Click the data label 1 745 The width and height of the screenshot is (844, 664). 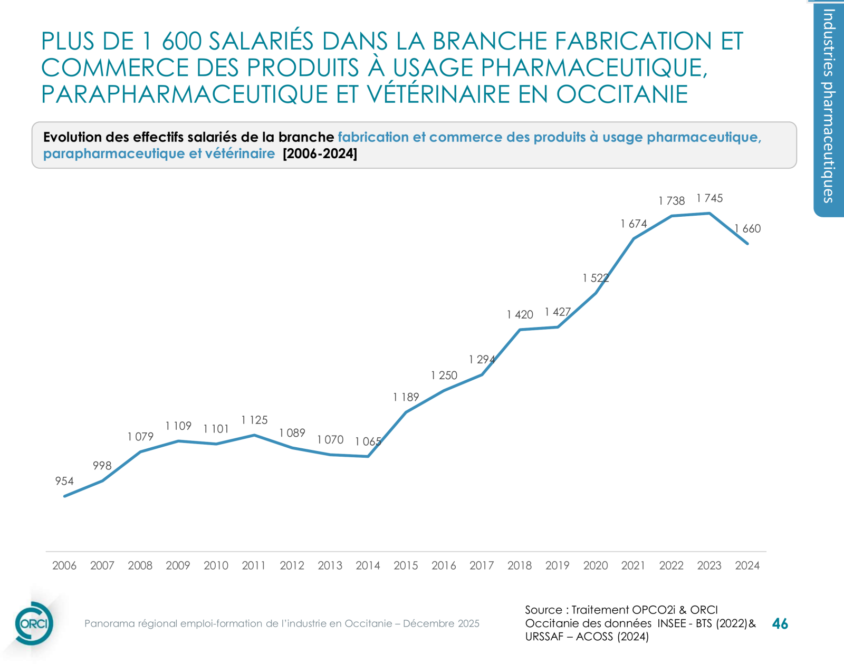(709, 198)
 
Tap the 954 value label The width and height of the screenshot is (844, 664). (64, 481)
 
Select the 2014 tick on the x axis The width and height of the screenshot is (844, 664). (368, 565)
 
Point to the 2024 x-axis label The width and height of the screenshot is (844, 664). (747, 565)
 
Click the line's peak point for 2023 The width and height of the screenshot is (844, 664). (709, 213)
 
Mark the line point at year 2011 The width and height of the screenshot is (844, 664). (254, 435)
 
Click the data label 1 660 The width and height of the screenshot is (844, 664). (748, 229)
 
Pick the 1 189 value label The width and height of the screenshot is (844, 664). (406, 397)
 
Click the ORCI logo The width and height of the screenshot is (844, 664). (34, 623)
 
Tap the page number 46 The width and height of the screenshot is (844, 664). (780, 624)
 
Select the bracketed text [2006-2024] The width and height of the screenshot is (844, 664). (320, 154)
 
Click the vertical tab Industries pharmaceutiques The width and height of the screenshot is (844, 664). (829, 105)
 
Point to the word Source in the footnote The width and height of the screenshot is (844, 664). (543, 610)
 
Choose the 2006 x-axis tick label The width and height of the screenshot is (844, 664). (64, 565)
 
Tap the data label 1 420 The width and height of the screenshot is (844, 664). (520, 315)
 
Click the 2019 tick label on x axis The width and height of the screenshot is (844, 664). (557, 565)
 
